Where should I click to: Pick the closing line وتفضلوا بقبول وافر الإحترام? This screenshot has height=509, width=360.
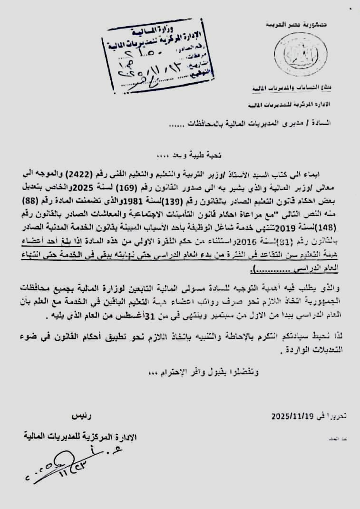200,372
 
